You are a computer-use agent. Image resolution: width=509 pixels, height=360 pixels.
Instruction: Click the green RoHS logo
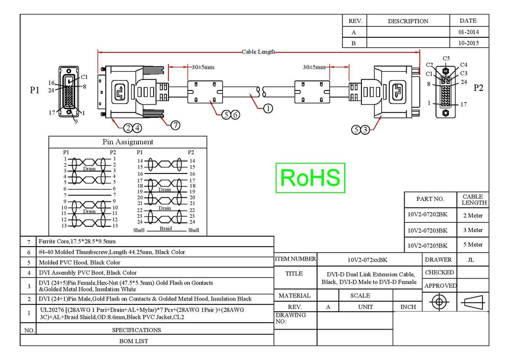[310, 178]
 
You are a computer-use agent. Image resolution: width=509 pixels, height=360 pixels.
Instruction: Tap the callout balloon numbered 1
[268, 108]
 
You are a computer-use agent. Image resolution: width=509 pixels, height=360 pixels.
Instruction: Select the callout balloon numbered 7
[175, 125]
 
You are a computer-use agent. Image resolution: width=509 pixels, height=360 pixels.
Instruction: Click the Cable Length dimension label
[258, 52]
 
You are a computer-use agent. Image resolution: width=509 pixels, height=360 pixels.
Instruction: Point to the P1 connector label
[34, 90]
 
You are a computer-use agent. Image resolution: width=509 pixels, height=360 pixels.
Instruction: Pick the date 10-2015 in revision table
[468, 43]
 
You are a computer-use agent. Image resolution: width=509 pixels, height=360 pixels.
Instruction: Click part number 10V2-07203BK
[427, 231]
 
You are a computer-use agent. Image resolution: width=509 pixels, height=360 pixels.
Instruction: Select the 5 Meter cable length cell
[473, 245]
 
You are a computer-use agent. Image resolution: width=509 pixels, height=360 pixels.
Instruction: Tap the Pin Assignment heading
[128, 142]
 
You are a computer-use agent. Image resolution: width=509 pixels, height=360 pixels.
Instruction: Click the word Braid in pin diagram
[166, 229]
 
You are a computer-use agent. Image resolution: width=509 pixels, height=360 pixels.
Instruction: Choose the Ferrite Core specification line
[77, 241]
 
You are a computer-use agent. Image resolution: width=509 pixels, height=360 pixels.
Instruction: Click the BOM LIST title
[134, 341]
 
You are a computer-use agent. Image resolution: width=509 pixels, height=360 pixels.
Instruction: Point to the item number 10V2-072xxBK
[367, 260]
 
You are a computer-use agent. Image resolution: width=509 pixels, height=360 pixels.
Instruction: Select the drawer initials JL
[471, 260]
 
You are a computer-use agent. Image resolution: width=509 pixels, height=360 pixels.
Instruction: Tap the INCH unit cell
[408, 307]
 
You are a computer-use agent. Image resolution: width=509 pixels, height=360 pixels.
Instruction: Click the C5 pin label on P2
[446, 59]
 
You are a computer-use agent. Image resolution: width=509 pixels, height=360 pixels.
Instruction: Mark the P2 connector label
[478, 88]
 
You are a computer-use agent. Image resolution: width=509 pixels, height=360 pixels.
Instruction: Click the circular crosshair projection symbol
[439, 302]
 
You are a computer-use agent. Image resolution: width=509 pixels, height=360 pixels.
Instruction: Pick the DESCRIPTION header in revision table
[408, 21]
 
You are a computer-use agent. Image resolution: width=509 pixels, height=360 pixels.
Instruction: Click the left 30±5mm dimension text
[203, 67]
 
